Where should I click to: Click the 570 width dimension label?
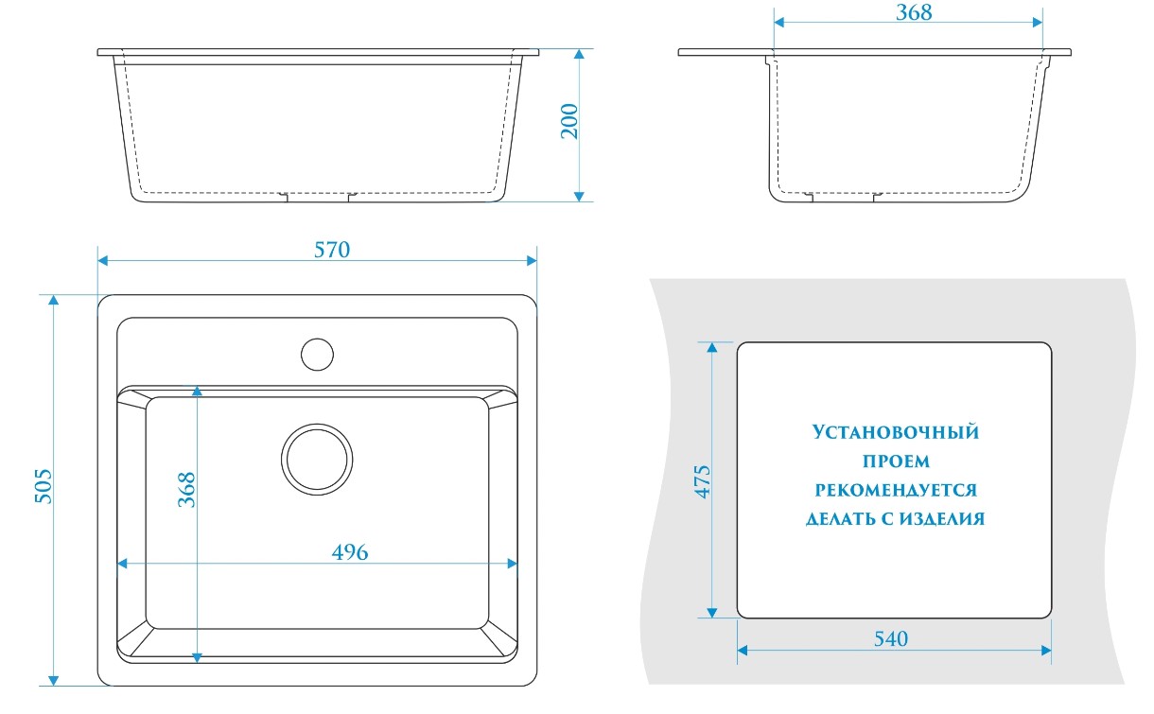(x=332, y=250)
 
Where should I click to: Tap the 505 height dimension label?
(x=44, y=486)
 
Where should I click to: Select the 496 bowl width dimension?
(x=350, y=552)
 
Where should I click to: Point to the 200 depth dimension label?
(x=569, y=121)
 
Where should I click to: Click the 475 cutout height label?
(x=703, y=481)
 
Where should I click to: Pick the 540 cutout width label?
(x=891, y=638)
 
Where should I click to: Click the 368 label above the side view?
(x=914, y=12)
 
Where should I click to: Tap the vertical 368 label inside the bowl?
(x=186, y=489)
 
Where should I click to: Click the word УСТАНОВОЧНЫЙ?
(x=896, y=431)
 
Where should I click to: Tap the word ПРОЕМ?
(x=896, y=461)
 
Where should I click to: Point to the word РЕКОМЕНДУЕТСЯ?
(x=896, y=489)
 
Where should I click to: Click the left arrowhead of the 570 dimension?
(x=102, y=261)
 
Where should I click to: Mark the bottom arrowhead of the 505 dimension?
(x=53, y=681)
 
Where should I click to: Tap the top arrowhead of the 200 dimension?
(x=579, y=54)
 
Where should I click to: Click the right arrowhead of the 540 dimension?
(x=1046, y=651)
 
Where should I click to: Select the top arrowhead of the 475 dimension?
(x=712, y=347)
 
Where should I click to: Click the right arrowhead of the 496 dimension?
(x=512, y=564)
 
